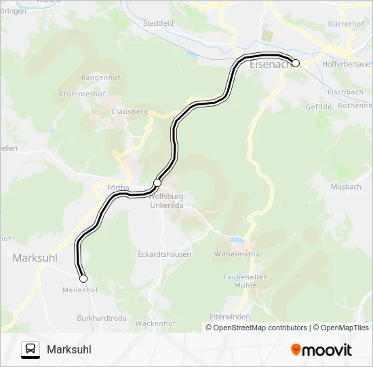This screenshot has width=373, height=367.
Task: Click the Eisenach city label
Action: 270,65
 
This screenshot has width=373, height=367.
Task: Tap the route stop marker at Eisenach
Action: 296,63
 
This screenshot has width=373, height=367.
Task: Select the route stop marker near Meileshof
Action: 83,279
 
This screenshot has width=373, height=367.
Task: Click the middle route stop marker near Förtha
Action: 157,182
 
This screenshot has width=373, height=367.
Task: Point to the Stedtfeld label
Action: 158,22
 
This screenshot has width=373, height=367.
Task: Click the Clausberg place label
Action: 129,111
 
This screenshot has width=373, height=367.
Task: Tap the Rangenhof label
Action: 100,77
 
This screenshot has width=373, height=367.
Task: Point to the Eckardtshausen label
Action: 165,254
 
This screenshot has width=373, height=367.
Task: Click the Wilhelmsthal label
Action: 238,254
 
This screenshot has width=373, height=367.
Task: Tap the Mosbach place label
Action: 345,186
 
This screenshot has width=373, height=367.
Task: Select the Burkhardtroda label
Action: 102,317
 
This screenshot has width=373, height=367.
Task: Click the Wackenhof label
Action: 156,324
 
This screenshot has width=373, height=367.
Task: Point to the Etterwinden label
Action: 229,317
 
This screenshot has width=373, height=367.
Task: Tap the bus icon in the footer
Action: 31,349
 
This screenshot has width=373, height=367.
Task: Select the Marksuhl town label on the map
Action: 35,258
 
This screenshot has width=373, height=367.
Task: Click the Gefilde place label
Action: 318,107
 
